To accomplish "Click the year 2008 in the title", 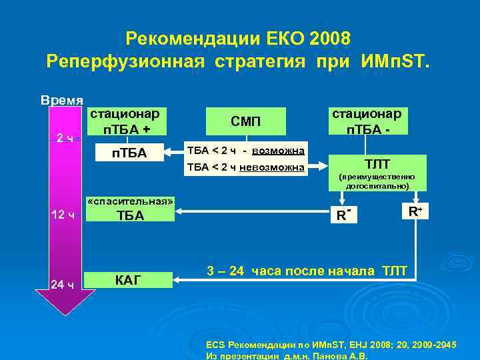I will coord(329,37).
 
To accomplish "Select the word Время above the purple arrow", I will coord(62,101).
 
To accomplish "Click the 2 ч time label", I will coord(65,138).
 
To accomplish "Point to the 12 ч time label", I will coord(65,215).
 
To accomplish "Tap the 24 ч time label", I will coord(65,285).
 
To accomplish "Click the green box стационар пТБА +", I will coord(128,120).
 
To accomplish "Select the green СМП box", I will coord(246,121).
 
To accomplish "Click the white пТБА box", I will coord(128,155).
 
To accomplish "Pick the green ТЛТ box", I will coord(377,163).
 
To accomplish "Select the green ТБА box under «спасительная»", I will coord(130,215).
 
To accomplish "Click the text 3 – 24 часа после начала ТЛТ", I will coord(311,271).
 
